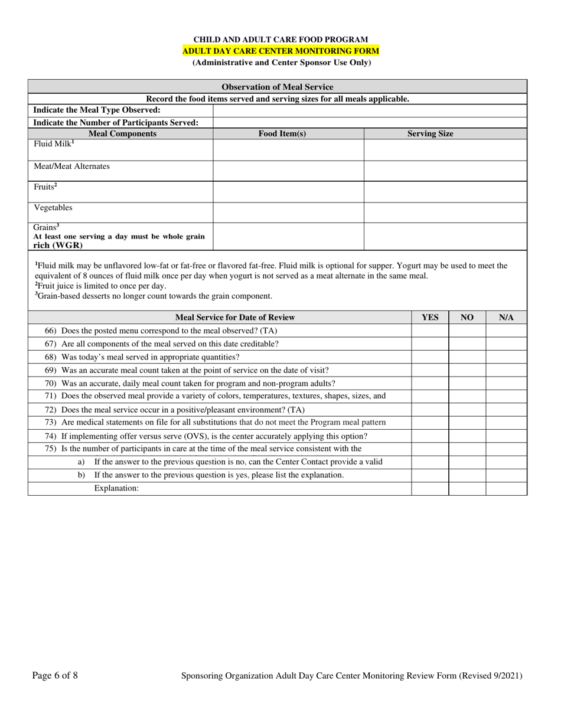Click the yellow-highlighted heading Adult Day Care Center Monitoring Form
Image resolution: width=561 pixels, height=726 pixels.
[280, 51]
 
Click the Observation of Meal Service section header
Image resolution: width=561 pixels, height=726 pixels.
[277, 87]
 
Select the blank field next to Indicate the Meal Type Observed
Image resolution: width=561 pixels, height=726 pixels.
[369, 110]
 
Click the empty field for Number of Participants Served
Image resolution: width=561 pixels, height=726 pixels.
[369, 123]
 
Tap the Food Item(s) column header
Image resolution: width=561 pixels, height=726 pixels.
[282, 134]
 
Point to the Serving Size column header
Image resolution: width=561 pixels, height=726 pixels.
[430, 134]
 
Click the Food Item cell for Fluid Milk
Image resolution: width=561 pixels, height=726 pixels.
[288, 150]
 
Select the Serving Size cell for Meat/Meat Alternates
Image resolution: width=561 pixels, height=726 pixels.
[445, 171]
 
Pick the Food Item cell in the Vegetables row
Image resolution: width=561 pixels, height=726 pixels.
[288, 212]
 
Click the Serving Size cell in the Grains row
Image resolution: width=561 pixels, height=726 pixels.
[445, 236]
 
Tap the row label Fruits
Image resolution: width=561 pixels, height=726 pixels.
[45, 187]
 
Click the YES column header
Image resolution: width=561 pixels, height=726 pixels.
[430, 318]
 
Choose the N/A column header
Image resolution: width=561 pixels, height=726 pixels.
[506, 318]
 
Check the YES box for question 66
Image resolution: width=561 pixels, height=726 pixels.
[430, 331]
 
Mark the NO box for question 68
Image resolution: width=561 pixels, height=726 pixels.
[467, 357]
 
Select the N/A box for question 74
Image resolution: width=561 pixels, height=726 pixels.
[506, 436]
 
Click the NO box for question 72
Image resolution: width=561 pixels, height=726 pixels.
[467, 410]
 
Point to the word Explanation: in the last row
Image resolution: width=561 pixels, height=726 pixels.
[116, 488]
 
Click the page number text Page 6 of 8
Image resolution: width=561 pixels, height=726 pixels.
[55, 676]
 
